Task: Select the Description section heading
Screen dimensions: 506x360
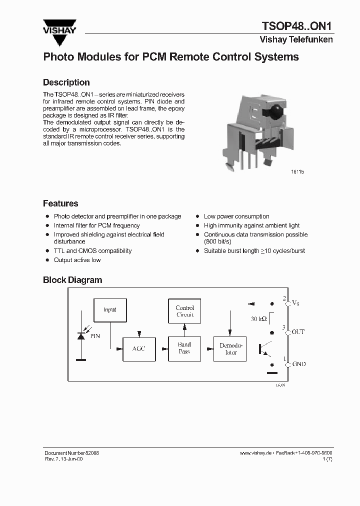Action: click(66, 82)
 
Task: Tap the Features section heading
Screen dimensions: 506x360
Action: click(60, 203)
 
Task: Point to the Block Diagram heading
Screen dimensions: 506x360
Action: click(72, 280)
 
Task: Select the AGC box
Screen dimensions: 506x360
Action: click(138, 348)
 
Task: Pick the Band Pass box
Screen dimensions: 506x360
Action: click(184, 348)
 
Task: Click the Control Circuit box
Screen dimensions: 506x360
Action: click(184, 311)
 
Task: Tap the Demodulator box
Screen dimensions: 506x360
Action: click(231, 348)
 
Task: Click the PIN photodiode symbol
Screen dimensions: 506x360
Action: click(80, 336)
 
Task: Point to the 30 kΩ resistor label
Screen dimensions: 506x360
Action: click(259, 318)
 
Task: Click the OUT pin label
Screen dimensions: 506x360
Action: click(298, 332)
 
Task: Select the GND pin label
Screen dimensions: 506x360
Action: click(298, 364)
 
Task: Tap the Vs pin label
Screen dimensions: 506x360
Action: click(295, 303)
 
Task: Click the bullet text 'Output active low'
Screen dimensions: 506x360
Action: click(77, 260)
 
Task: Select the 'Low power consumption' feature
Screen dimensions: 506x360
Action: click(236, 216)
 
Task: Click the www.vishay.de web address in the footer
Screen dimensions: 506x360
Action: click(255, 452)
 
